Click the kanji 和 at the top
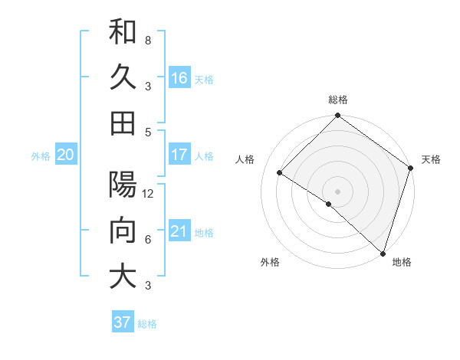point(123,32)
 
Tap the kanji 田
point(123,123)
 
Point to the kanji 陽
point(123,185)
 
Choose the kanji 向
point(123,231)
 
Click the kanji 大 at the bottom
point(123,277)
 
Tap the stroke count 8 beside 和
point(148,40)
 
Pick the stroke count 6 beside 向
point(148,240)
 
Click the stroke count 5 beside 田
point(148,131)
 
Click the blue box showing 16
point(179,78)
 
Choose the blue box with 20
point(65,155)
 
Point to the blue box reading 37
point(122,322)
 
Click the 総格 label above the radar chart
point(338,100)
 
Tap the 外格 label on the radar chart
point(270,263)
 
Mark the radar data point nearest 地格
point(382,252)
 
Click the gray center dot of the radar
point(337,191)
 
